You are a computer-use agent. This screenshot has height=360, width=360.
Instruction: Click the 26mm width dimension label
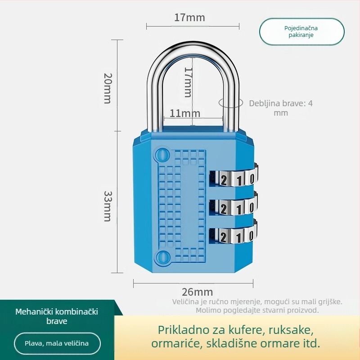(x=197, y=292)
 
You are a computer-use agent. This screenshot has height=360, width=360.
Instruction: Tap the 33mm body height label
(x=108, y=206)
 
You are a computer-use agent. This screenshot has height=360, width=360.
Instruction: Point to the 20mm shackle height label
(x=107, y=88)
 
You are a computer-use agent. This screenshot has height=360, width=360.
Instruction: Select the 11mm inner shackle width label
(x=184, y=113)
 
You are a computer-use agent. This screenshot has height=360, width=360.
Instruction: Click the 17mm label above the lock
(x=189, y=18)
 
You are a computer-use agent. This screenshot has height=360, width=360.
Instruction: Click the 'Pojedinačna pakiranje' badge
(x=301, y=31)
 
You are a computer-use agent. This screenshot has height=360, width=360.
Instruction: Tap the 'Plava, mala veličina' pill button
(x=57, y=343)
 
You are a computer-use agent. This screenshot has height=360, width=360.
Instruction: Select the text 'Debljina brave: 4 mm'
(x=281, y=108)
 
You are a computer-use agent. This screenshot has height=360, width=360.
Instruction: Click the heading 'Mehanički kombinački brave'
(x=57, y=316)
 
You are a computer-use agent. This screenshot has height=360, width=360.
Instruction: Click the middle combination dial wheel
(x=234, y=207)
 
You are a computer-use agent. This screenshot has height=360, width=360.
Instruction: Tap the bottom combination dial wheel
(x=234, y=235)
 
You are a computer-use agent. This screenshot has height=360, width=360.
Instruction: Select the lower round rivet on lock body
(x=160, y=257)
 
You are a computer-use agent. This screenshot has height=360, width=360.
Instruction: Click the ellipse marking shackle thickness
(x=228, y=103)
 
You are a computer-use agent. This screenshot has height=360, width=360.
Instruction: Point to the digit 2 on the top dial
(x=224, y=180)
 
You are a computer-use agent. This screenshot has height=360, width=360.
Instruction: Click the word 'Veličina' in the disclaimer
(x=185, y=301)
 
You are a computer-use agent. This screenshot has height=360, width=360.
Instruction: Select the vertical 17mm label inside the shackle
(x=188, y=82)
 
